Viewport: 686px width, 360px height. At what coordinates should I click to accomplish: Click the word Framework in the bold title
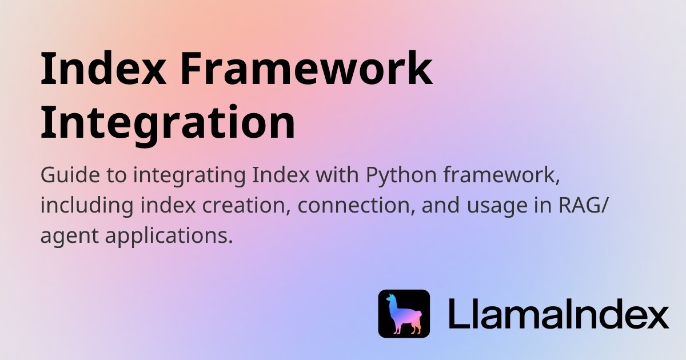(306, 69)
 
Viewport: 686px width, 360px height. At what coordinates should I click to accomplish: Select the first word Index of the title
(103, 68)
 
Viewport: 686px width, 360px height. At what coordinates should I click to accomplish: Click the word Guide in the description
(70, 175)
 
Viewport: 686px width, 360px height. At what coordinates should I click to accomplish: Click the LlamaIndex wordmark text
(559, 314)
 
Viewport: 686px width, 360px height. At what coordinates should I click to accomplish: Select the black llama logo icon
(404, 314)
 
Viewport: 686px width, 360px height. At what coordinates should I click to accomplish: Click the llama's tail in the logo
(420, 314)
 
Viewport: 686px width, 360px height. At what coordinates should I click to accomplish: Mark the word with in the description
(337, 175)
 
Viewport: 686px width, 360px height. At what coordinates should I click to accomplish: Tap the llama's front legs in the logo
(397, 328)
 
